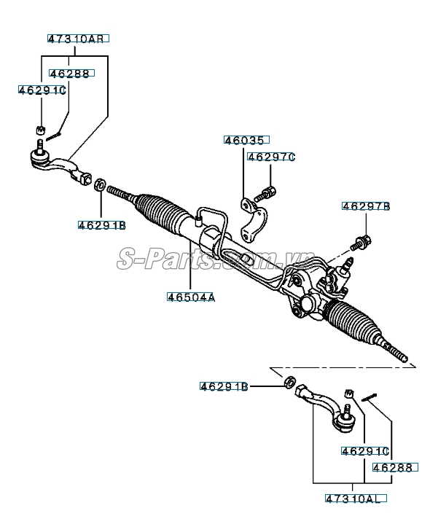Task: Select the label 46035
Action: click(246, 140)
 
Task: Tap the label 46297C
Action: click(271, 157)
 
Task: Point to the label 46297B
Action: click(366, 207)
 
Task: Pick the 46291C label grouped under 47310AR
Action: click(42, 90)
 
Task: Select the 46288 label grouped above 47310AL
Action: click(392, 467)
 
